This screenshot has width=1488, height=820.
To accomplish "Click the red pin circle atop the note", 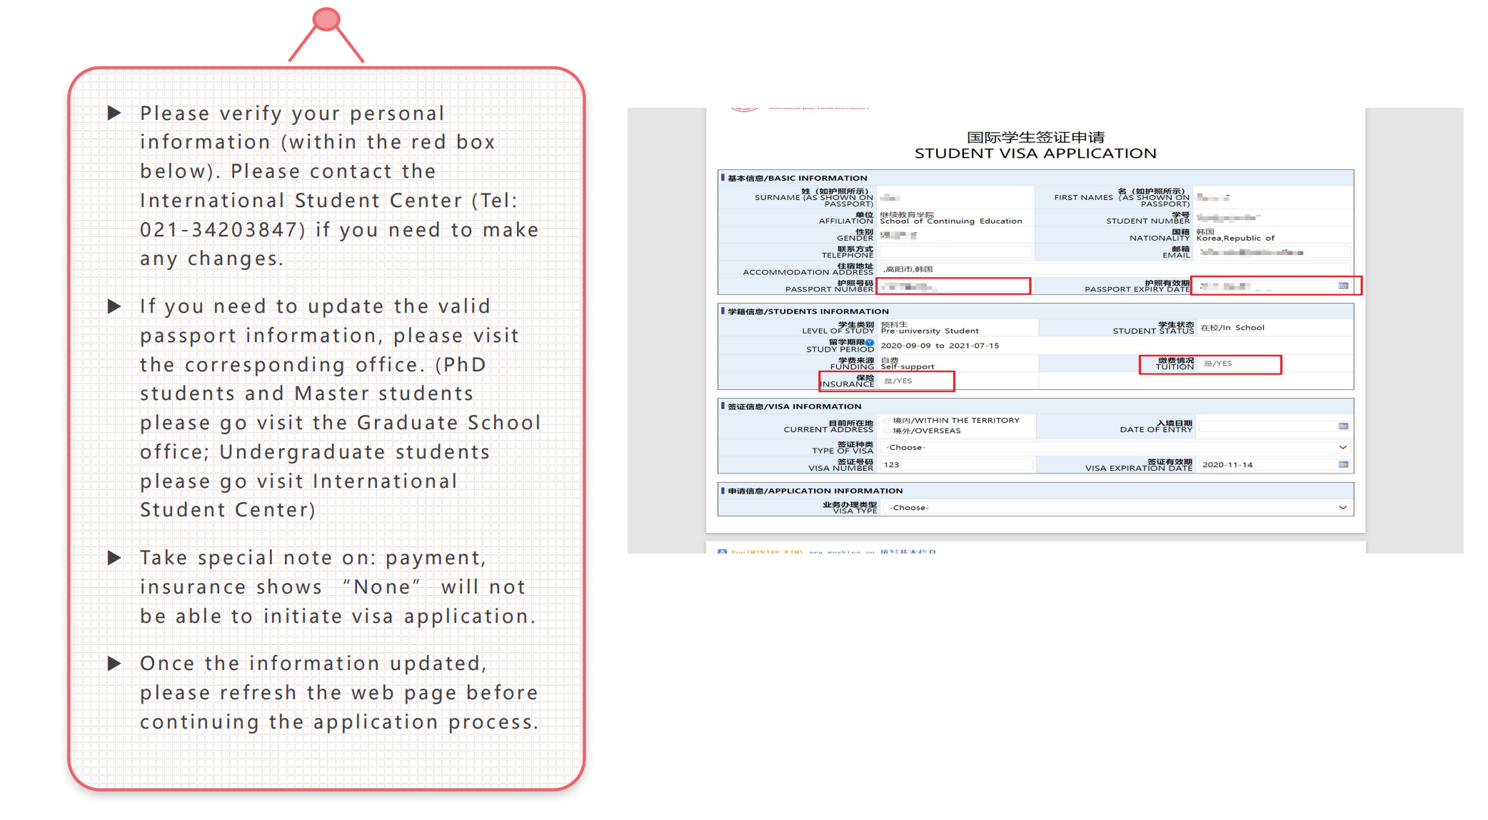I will [326, 19].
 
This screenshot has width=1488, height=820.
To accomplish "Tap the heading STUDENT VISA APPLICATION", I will [1035, 154].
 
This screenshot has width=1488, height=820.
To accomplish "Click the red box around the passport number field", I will [953, 286].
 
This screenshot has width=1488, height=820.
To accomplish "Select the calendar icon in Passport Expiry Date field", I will [1343, 286].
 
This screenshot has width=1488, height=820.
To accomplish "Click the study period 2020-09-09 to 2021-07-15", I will [940, 346].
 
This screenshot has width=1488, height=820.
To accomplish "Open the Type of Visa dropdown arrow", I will [1342, 448].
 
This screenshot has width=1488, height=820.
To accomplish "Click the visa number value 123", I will [891, 465].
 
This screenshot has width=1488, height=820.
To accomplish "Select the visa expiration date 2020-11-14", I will [1227, 465].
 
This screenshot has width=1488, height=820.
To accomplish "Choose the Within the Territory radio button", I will [888, 421].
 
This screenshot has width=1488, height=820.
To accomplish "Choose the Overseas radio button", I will [888, 431].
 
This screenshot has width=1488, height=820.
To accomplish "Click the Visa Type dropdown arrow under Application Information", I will [1342, 508].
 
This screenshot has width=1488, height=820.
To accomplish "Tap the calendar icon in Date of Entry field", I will [1343, 426].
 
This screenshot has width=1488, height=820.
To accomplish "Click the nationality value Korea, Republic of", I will [1235, 239].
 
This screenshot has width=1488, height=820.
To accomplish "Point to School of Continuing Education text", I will [951, 221].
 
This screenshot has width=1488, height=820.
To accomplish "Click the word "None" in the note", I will [382, 587].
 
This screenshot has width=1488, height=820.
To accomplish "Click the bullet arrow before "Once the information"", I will [114, 664].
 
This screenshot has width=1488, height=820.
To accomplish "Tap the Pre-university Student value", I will [930, 331].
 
